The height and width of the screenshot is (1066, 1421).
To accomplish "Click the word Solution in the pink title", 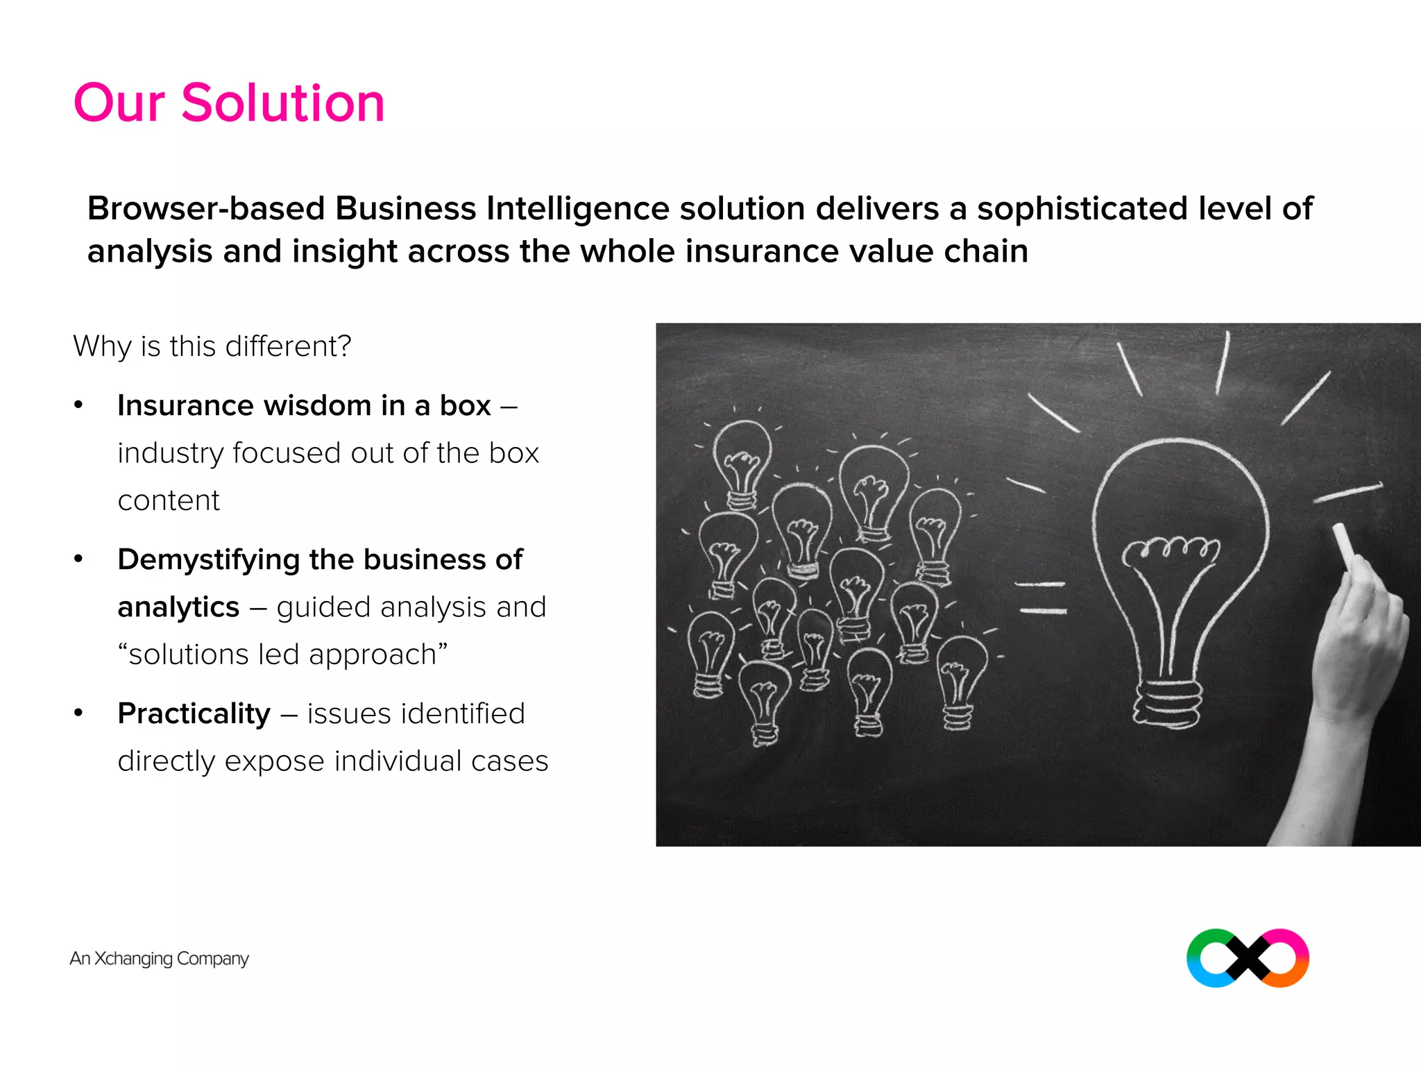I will pos(282,103).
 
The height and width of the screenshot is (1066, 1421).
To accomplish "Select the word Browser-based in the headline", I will pos(206,209).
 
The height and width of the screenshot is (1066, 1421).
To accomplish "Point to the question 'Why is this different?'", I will pos(212,346).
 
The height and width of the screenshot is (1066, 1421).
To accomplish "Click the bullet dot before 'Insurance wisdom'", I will pos(78,405).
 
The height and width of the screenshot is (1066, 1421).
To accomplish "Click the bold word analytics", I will pos(178,607).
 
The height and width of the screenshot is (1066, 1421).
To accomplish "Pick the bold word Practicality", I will pos(194,713).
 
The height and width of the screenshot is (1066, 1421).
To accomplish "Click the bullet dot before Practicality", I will pos(78,713).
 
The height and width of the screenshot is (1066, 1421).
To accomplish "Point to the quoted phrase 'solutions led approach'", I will pos(282,654).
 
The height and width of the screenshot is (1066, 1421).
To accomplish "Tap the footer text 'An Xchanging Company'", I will pos(159,958).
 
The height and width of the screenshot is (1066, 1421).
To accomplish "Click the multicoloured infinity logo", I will pos(1248,958).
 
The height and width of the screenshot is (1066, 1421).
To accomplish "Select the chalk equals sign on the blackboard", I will pos(1041,598).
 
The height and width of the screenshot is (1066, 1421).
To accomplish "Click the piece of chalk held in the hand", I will pos(1345,546).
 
